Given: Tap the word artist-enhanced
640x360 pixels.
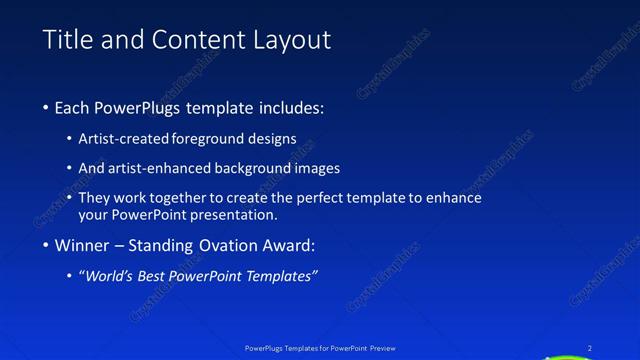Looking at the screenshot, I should pos(158,168).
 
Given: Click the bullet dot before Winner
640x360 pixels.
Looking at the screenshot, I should pos(47,246).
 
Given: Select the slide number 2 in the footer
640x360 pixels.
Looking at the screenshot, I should pos(591,348).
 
